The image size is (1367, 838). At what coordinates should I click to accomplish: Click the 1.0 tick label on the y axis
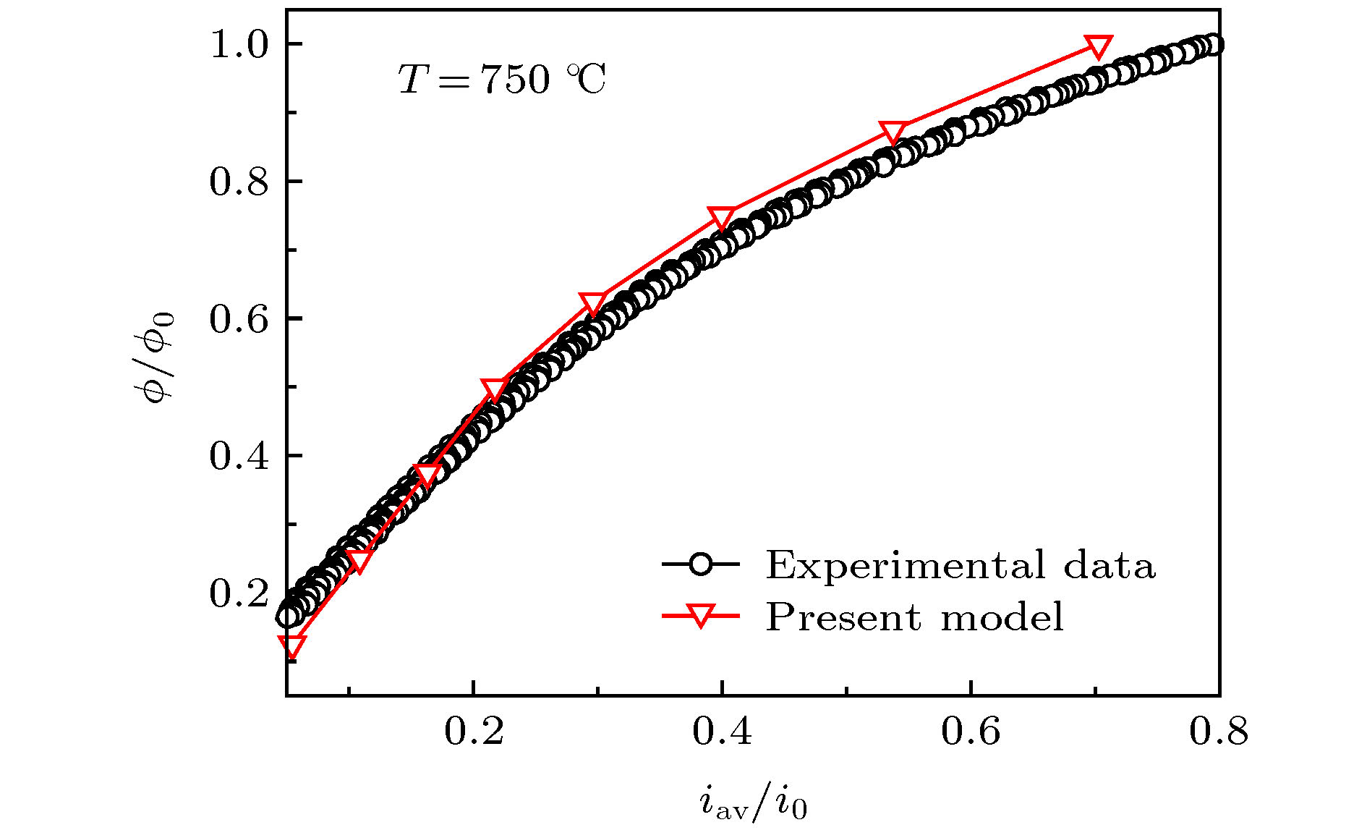tap(239, 45)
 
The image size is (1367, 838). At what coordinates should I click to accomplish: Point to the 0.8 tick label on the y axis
tap(239, 182)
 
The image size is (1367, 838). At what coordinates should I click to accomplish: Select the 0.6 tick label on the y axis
tap(239, 319)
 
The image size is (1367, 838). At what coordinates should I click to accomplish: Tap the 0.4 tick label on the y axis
tap(239, 457)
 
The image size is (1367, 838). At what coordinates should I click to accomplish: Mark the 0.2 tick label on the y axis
tap(239, 593)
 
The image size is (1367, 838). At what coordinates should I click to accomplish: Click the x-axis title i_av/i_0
tap(753, 804)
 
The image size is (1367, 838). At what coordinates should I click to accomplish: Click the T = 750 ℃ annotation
tap(502, 79)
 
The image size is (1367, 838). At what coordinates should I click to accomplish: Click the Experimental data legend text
tap(961, 564)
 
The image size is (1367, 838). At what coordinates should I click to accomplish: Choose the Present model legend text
tap(914, 617)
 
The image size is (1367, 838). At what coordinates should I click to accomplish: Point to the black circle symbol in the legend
tap(700, 564)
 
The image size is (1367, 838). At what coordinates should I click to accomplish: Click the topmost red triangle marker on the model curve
tap(1099, 47)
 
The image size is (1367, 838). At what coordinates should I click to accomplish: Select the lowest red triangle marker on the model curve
tap(292, 646)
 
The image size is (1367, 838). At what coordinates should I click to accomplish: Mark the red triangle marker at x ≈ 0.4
tap(722, 218)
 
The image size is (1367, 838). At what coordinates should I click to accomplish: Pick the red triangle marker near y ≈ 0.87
tap(894, 132)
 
